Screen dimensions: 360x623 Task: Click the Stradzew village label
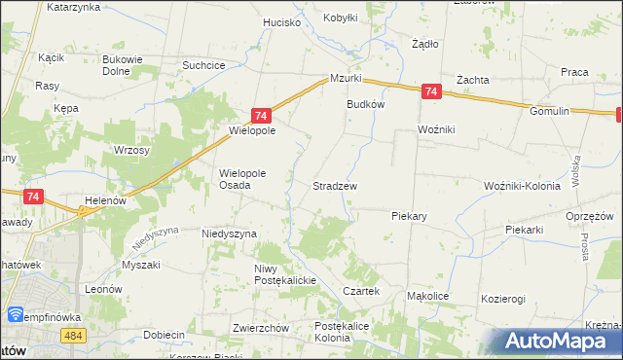coord(334,185)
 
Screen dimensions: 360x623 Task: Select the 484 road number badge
coord(74,335)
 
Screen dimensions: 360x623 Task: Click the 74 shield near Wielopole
coord(260,115)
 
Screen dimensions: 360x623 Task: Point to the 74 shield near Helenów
coord(34,197)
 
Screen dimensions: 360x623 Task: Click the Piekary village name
coord(411,216)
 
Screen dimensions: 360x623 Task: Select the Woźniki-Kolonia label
coord(525,185)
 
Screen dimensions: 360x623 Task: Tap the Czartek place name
coord(360,292)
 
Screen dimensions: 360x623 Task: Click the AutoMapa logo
coord(558,342)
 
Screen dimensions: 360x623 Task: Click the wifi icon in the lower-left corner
coord(16,314)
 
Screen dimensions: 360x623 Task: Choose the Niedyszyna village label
coord(229,234)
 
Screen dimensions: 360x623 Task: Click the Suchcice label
coord(204,65)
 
